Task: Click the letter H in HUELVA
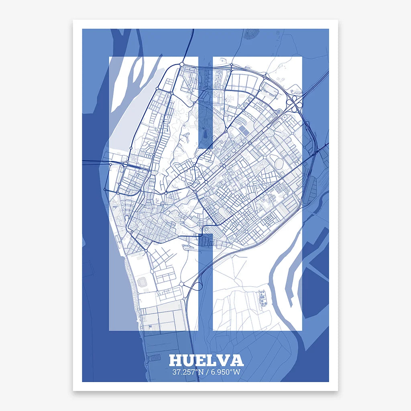[176, 360]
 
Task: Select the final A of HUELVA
[236, 360]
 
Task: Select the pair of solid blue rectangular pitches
[244, 130]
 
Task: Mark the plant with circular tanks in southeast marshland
[263, 297]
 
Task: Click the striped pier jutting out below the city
[153, 357]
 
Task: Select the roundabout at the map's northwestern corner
[182, 64]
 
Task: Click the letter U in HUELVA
[189, 360]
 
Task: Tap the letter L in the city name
[212, 360]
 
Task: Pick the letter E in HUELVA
[201, 360]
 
